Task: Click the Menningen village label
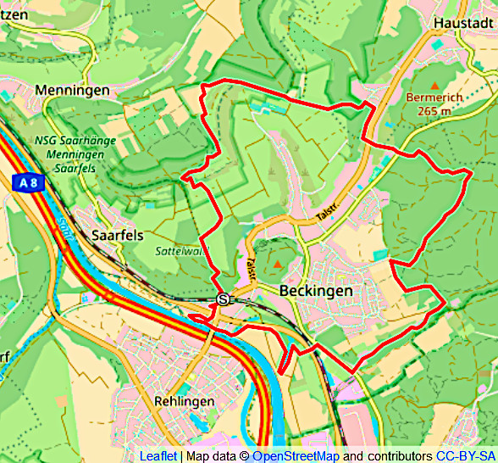point(72,90)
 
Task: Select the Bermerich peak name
point(434,98)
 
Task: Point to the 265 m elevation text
point(434,110)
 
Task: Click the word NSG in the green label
point(47,140)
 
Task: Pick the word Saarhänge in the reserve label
point(91,140)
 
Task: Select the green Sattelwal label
point(177,252)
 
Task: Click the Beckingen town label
point(316,291)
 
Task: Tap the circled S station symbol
point(223,298)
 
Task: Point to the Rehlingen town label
point(185,401)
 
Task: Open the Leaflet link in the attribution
point(158,455)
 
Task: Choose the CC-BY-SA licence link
point(465,455)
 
